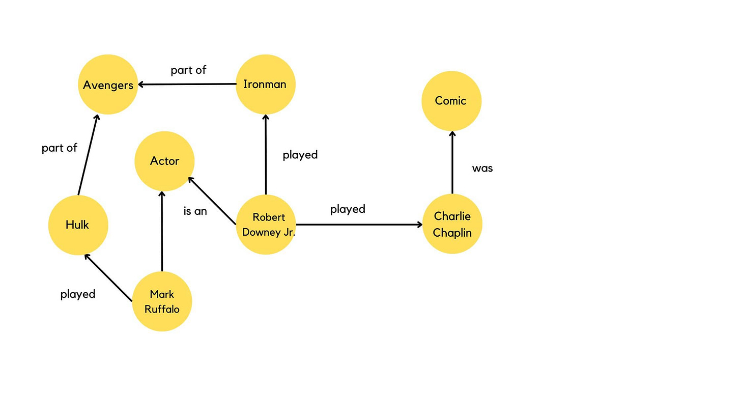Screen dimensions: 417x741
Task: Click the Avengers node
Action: [x=108, y=85]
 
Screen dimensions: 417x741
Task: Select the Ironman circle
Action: [x=265, y=85]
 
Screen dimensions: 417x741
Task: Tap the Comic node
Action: [x=451, y=101]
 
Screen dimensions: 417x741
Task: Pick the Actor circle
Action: [x=164, y=161]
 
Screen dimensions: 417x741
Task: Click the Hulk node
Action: [x=78, y=225]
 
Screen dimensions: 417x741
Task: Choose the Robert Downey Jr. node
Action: [x=266, y=225]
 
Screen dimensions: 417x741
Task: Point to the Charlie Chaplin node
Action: [x=452, y=225]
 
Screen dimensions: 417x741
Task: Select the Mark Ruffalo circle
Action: [x=162, y=301]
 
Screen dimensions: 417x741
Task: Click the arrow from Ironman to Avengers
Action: [x=187, y=85]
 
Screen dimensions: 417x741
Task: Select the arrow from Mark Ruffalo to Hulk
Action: [x=108, y=277]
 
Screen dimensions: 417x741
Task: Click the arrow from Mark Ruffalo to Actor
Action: [x=162, y=232]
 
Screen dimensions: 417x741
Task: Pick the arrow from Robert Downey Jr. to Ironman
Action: [x=265, y=155]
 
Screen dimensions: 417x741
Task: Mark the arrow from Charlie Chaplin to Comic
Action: [x=452, y=162]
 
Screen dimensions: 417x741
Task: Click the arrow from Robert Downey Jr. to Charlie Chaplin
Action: [x=359, y=225]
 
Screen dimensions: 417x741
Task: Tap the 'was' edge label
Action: [x=482, y=169]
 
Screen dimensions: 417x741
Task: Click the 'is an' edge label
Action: [x=195, y=211]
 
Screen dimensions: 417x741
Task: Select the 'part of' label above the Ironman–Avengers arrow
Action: [x=188, y=70]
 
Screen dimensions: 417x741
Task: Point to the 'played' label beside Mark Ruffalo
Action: [x=78, y=294]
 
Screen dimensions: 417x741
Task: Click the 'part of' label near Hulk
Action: [x=60, y=148]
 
